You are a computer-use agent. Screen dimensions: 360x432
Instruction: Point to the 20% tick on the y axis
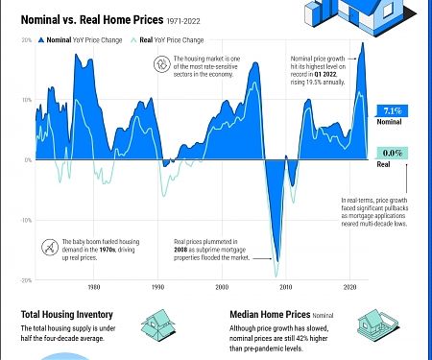tap(26, 40)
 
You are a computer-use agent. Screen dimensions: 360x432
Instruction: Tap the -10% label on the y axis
tap(26, 220)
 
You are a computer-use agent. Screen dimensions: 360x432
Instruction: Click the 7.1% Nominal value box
tap(391, 110)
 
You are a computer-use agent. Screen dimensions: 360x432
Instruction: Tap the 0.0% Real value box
tap(391, 153)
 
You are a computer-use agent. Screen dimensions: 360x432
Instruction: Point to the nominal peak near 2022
tap(362, 43)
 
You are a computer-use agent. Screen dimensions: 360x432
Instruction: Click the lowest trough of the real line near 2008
tap(277, 261)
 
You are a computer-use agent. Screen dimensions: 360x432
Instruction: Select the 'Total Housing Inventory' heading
tap(66, 314)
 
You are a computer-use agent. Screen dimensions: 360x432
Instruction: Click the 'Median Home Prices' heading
tap(271, 314)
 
